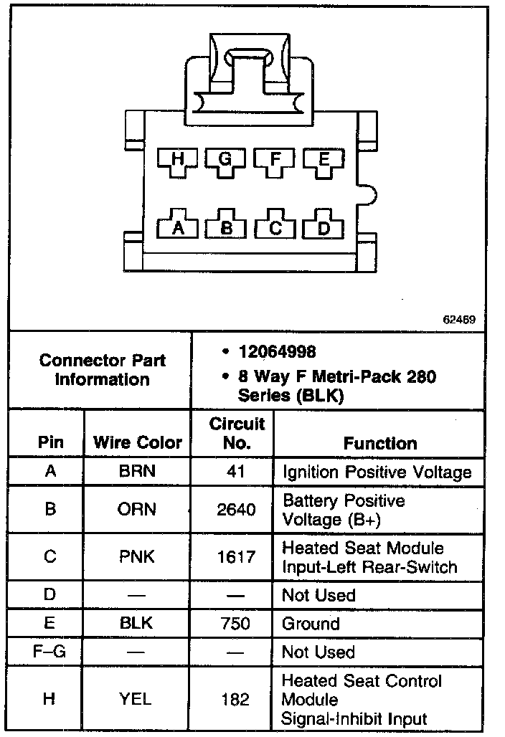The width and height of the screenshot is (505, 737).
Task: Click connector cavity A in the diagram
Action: pyautogui.click(x=179, y=227)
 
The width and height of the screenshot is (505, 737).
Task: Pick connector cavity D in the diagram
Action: pyautogui.click(x=323, y=227)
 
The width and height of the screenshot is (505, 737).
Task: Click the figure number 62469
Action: pyautogui.click(x=458, y=320)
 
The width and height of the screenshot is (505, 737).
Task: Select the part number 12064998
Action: pyautogui.click(x=277, y=352)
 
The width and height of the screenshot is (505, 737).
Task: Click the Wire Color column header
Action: pyautogui.click(x=138, y=443)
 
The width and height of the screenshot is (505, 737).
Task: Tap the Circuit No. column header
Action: pyautogui.click(x=237, y=433)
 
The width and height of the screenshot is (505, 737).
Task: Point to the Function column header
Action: pyautogui.click(x=379, y=443)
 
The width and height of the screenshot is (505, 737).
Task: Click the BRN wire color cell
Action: pyautogui.click(x=137, y=472)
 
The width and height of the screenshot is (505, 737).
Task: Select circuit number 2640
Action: pyautogui.click(x=236, y=510)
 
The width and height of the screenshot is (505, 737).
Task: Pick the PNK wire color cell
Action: pyautogui.click(x=137, y=557)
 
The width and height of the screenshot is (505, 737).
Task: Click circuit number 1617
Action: pyautogui.click(x=236, y=557)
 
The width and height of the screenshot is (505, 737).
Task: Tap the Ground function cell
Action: pyautogui.click(x=311, y=624)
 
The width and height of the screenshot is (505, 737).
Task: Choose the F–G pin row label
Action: pyautogui.click(x=49, y=652)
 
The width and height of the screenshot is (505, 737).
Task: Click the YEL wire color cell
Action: pyautogui.click(x=137, y=699)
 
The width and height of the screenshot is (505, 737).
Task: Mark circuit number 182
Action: pyautogui.click(x=236, y=699)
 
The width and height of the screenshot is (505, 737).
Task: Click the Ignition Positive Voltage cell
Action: pyautogui.click(x=377, y=472)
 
